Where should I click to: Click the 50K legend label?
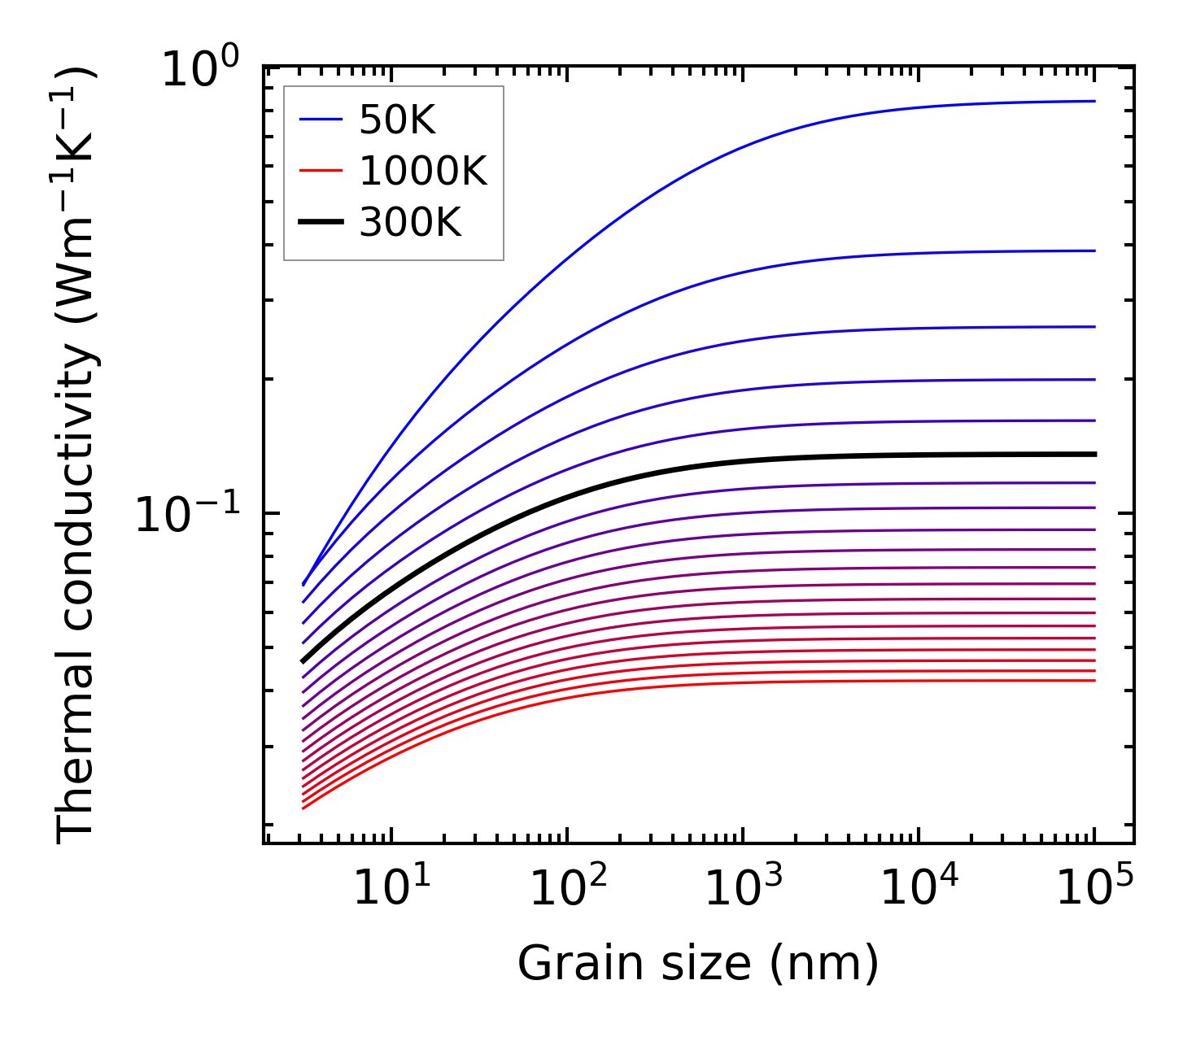[398, 121]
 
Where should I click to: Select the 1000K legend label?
[423, 172]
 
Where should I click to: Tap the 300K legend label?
[410, 222]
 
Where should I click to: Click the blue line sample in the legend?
[321, 121]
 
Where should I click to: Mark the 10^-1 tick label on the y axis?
[189, 516]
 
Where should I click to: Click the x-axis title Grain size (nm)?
[698, 965]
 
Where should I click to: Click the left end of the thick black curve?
[303, 662]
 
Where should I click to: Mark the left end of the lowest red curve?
[303, 808]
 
